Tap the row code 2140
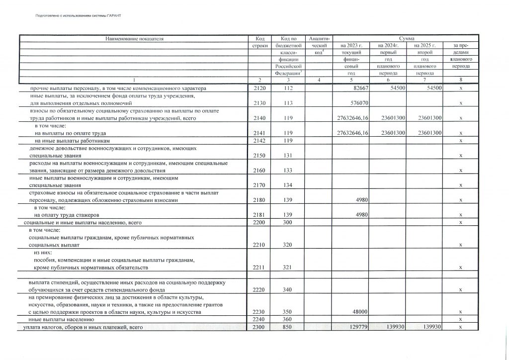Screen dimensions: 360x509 [x=259, y=118]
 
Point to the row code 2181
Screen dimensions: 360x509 [x=259, y=215]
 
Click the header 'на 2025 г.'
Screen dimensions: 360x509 [x=421, y=45]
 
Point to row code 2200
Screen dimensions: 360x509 [x=259, y=222]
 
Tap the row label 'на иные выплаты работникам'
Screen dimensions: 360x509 [x=72, y=141]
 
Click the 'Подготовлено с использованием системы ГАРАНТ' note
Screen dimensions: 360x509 [x=79, y=15]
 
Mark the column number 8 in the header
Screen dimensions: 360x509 [x=461, y=81]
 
